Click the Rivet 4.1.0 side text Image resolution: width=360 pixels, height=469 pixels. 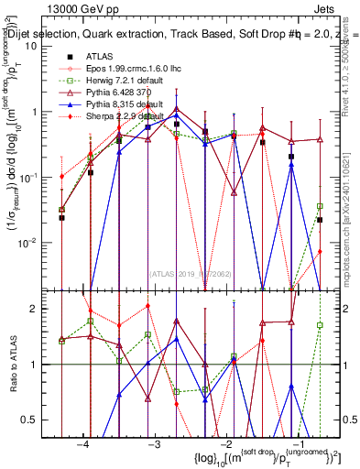coord(352,55)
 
